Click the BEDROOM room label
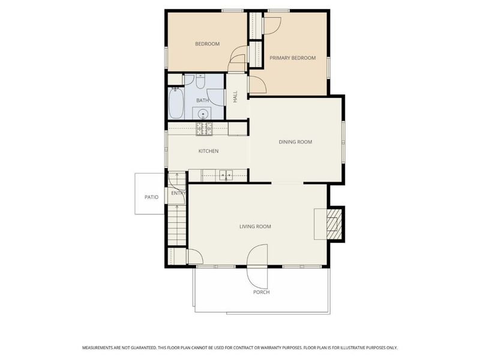coord(207,44)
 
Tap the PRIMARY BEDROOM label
coord(292,58)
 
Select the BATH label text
coord(202,100)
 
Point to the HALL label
coord(235,97)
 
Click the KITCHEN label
coord(208,151)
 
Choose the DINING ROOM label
coord(295,142)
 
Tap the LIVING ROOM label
coord(255,227)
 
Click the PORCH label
coord(262,292)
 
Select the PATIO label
coord(152,197)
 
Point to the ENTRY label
coord(178,193)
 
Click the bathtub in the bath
coord(176,103)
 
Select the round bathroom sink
coord(202,115)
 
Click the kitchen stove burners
coord(204,129)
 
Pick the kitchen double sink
coord(226,176)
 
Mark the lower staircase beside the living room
coord(177,225)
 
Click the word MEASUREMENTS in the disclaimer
coord(97,348)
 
